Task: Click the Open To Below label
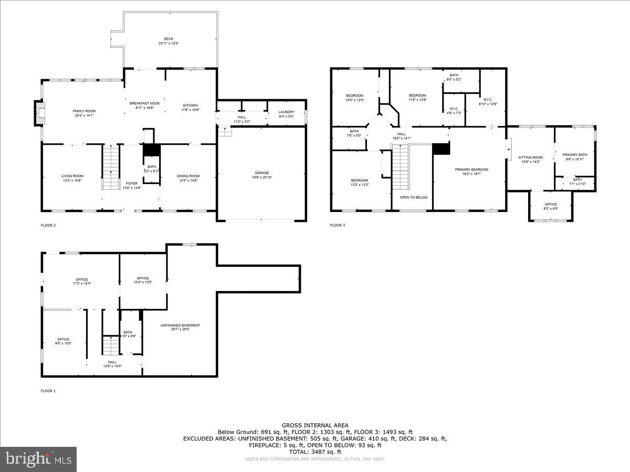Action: (x=413, y=198)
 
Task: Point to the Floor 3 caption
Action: (x=338, y=226)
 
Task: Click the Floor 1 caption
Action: (x=48, y=391)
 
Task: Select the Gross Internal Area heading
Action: (x=314, y=425)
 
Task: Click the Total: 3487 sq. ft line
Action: (x=314, y=452)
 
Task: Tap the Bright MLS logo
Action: (x=38, y=459)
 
